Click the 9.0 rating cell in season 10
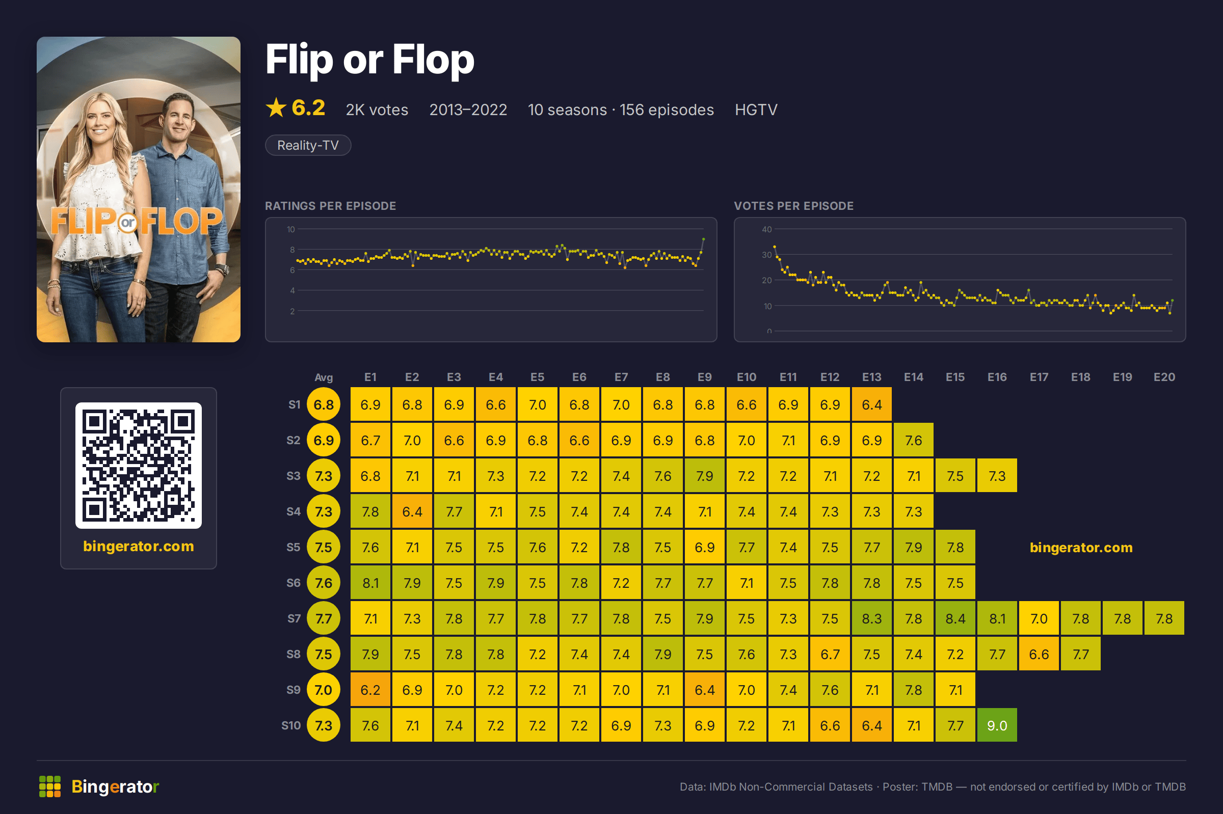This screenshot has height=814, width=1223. [x=997, y=725]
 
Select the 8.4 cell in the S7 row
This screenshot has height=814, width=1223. [x=955, y=618]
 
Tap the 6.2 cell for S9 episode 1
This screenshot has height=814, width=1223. [x=370, y=689]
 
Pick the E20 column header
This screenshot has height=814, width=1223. [x=1164, y=377]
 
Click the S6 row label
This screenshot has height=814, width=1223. [x=294, y=583]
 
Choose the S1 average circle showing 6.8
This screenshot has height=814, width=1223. [x=324, y=404]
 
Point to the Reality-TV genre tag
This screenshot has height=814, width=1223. [x=308, y=145]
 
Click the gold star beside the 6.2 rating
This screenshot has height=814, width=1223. [x=276, y=108]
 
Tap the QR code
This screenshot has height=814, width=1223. [x=138, y=466]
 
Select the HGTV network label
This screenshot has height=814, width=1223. [x=756, y=110]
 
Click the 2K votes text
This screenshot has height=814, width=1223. [x=377, y=110]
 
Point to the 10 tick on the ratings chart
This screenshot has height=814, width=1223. [x=291, y=229]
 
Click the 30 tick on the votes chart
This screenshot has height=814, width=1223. [x=766, y=255]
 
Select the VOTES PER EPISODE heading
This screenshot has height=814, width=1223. [x=793, y=206]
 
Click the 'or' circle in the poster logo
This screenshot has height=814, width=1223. [x=128, y=223]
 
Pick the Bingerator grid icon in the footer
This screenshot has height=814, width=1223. [x=50, y=786]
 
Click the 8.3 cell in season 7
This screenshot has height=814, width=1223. [x=871, y=618]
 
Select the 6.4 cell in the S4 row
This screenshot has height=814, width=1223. [x=412, y=511]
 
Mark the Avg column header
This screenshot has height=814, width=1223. [x=324, y=377]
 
